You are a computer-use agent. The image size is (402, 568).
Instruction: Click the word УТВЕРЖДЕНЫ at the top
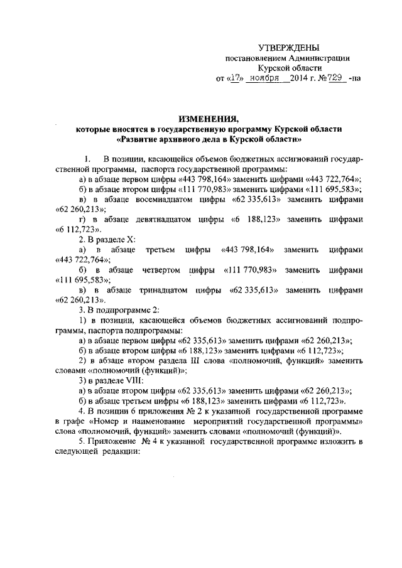(290, 48)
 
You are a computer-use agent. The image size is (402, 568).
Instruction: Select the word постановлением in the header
(256, 58)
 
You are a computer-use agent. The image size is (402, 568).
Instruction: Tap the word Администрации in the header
(320, 58)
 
